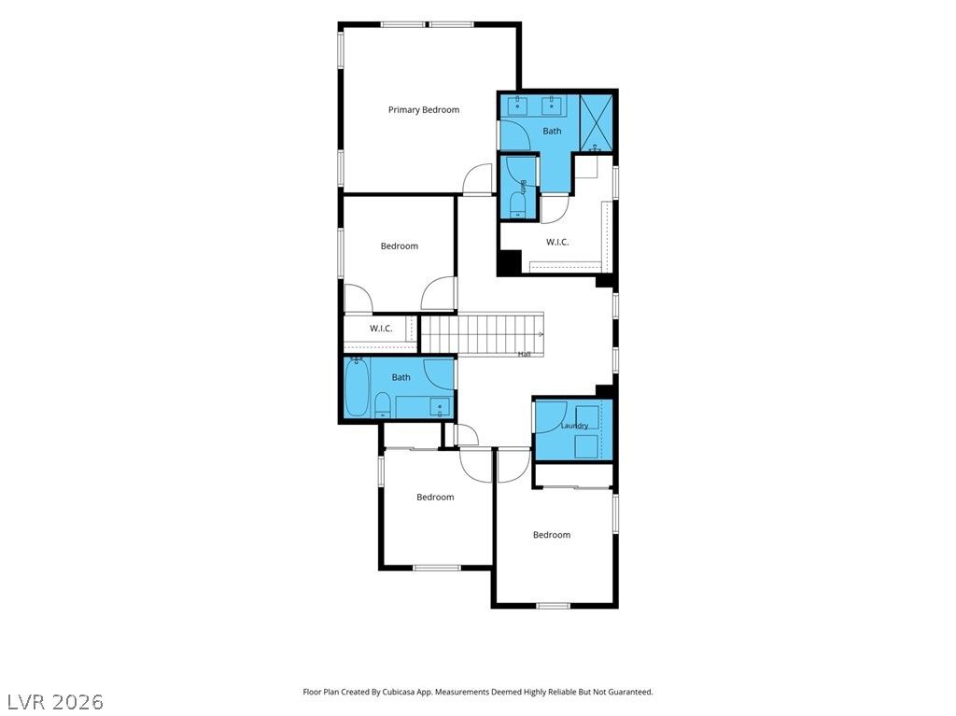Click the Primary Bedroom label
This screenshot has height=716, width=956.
pos(424,110)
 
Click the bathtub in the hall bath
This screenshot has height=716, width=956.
pos(356,388)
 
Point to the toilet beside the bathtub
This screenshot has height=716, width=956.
pos(382,404)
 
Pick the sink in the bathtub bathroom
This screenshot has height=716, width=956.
pos(440,406)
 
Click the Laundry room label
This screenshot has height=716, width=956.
pos(574,426)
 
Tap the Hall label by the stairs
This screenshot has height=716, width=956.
pos(525,354)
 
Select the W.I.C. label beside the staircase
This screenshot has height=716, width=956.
pos(381,329)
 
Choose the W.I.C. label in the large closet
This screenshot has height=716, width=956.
pos(557,242)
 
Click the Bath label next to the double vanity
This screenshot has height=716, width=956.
pos(553,131)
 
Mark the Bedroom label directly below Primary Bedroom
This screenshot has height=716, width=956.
pos(400,246)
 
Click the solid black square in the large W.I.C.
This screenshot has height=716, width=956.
pos(510,262)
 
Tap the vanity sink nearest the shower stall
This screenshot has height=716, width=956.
pos(552,105)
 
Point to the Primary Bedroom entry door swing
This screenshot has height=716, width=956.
pos(477,180)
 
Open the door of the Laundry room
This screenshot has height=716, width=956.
pos(551,416)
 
